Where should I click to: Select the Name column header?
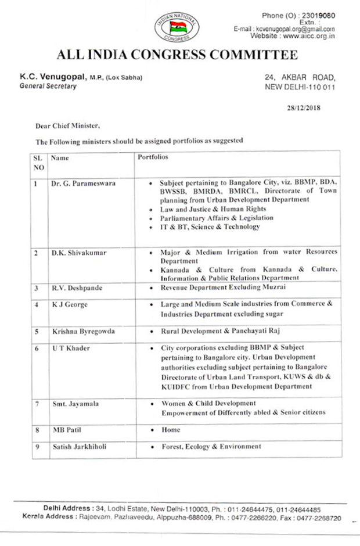60,157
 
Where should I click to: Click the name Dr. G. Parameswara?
83,183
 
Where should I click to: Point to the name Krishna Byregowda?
81,331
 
